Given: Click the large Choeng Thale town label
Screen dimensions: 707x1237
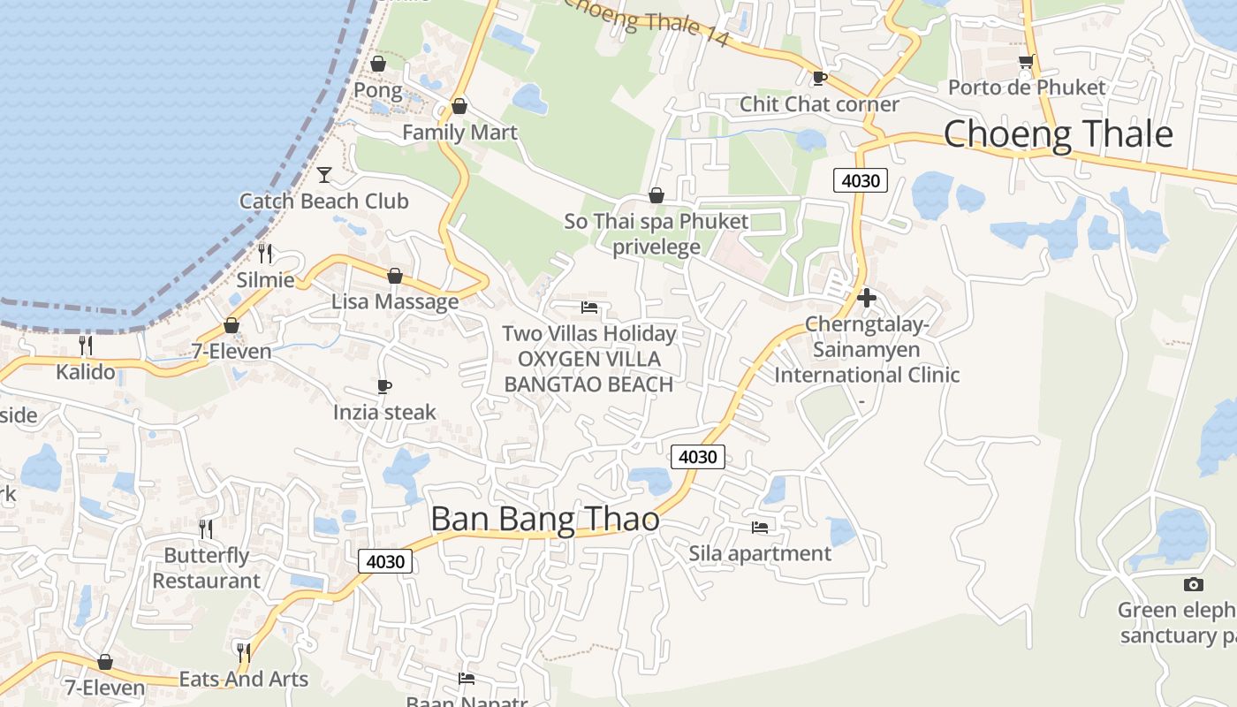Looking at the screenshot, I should pos(1058,134).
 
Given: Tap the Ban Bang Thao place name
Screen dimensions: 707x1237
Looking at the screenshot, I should pos(544,519).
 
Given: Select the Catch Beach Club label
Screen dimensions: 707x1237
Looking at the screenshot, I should pos(323,201).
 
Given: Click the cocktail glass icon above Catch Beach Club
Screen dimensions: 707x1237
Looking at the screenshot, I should pos(324,174).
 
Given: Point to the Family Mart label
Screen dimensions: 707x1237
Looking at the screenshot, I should pos(459,133).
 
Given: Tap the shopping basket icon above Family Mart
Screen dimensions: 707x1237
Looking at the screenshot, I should pos(459,107).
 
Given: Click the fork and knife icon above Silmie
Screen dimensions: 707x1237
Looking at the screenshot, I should pos(265,254).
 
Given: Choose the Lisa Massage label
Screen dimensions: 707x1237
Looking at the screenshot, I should pos(395,301).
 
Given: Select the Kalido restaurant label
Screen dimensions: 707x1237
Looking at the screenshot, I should pos(86,372).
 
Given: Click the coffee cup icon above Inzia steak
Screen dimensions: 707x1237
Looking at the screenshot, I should pos(383,386).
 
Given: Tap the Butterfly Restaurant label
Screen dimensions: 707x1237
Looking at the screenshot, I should pos(206,568).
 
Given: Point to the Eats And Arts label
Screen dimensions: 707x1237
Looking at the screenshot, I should pos(243,679).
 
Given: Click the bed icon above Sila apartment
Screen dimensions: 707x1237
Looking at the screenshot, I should pos(760,528).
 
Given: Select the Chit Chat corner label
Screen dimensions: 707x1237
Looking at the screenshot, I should pos(819,104).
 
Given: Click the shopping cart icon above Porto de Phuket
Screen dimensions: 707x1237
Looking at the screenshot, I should pos(1026,61).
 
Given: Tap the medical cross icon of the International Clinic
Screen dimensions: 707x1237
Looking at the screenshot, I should pos(867,298).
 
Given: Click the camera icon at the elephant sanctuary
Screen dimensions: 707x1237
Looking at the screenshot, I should pos(1193,584).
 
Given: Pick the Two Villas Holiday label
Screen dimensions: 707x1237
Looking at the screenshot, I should pos(589,334).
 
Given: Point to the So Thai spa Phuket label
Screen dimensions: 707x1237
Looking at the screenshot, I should pos(656,221).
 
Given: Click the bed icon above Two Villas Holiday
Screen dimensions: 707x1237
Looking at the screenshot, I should pos(589,308).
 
